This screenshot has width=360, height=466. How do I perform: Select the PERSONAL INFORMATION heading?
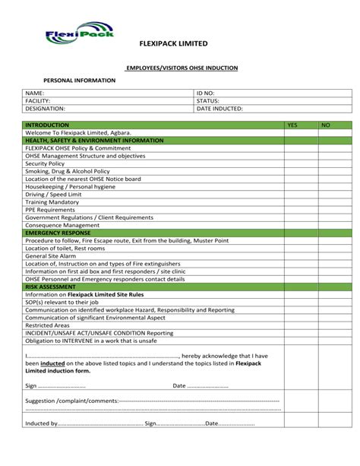pos(80,80)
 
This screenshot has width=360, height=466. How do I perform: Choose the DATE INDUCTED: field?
pos(220,109)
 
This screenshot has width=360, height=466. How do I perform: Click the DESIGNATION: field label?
pos(45,109)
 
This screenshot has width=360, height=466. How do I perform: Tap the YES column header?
pos(292,124)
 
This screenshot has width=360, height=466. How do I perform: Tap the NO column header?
pos(325,124)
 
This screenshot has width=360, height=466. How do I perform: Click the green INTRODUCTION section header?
pos(46,124)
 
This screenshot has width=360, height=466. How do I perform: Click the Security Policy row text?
pos(45,163)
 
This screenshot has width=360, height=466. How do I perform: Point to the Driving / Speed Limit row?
pos(52,195)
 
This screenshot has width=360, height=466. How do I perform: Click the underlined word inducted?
pos(52,363)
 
